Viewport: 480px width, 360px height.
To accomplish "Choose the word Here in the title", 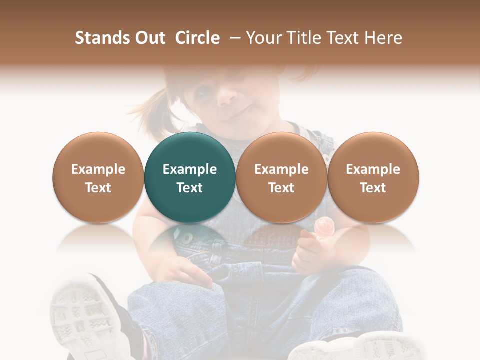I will coord(384,38).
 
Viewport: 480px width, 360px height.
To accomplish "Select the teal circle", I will coord(190,177).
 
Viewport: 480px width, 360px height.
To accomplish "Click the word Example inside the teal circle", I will coord(190,169).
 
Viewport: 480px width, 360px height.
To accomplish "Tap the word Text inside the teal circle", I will coord(190,188).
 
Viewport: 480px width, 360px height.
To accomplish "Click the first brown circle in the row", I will coord(98,177).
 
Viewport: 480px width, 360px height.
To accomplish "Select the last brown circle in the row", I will coord(373,177).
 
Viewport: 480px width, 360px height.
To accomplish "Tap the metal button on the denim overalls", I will coord(186,236).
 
